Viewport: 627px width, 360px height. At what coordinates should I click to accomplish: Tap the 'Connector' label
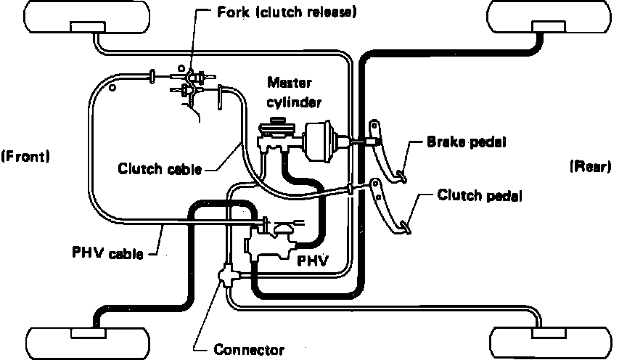249,350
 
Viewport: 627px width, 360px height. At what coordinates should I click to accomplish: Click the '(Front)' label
25,156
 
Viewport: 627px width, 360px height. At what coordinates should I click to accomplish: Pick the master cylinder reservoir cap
276,120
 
